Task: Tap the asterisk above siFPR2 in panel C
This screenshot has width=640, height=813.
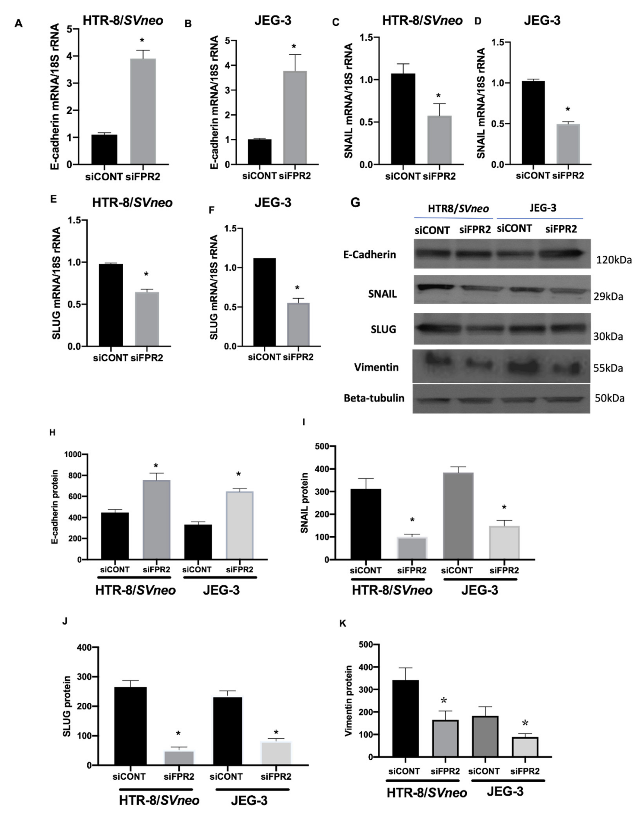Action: click(x=438, y=96)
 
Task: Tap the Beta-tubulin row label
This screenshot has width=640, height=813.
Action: click(x=374, y=398)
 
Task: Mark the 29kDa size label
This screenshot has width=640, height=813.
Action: click(x=608, y=297)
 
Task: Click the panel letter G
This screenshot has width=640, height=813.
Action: click(x=355, y=203)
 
